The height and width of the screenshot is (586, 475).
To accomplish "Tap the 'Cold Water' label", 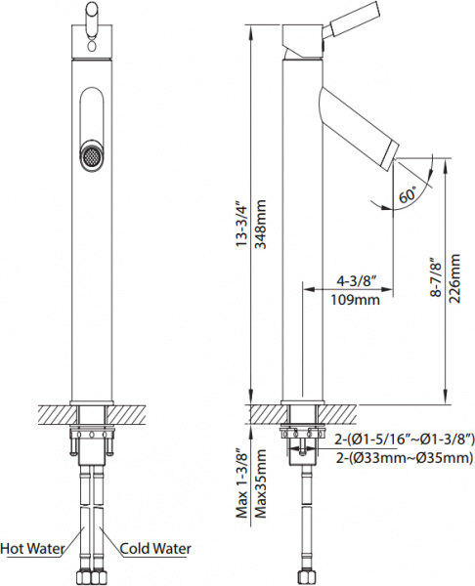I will point(153,548).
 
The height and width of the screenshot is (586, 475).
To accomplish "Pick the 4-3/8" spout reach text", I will point(352,281).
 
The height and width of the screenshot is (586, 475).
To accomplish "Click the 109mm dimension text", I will point(352,300).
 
